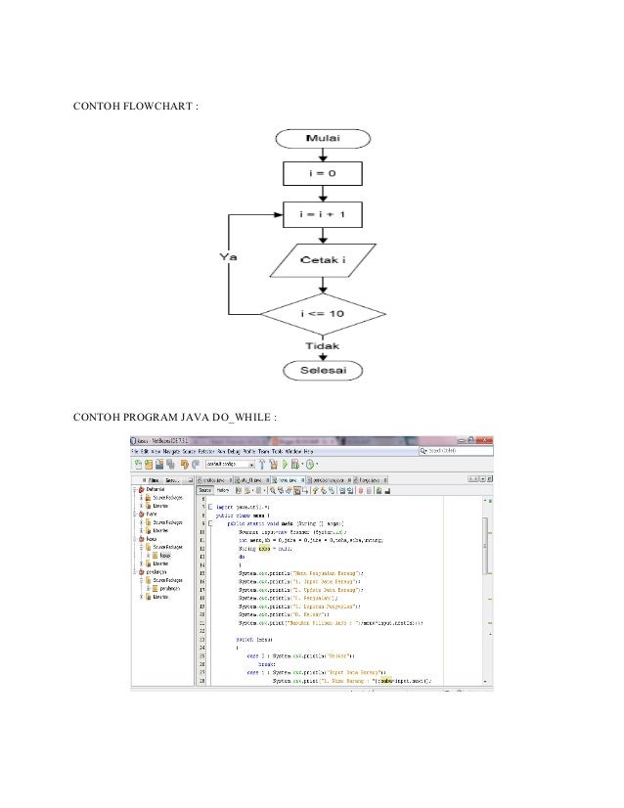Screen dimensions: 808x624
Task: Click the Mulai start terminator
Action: coord(322,140)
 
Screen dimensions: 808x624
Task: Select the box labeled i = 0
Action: coord(322,176)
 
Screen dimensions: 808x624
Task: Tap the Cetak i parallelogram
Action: coord(322,261)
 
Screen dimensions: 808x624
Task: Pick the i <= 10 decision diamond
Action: coord(322,315)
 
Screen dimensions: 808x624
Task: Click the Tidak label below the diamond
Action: coord(322,346)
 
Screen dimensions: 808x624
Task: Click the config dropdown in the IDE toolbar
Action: coord(225,465)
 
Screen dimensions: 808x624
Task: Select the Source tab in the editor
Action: coord(206,490)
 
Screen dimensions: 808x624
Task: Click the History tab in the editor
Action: coord(224,490)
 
